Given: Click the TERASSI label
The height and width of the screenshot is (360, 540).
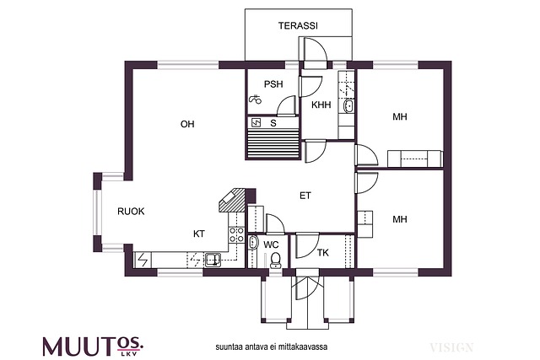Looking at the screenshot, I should (x=298, y=26).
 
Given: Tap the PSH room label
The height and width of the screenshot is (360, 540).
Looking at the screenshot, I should (x=273, y=84).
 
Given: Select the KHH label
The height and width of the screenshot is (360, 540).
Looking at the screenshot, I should (x=321, y=105).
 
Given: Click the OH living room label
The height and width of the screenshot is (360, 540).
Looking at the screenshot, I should (x=187, y=125).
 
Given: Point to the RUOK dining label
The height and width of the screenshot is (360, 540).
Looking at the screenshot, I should (x=131, y=212).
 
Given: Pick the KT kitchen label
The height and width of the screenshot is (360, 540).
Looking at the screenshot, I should (x=199, y=234).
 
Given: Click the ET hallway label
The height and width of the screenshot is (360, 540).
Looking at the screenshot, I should (x=305, y=196).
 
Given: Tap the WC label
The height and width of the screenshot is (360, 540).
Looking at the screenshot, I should (x=271, y=244).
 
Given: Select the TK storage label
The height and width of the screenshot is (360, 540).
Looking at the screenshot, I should (x=322, y=253).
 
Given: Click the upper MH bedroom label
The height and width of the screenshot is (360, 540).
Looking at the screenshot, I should (x=400, y=117).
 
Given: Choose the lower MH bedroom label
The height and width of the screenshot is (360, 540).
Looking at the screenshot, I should (x=400, y=219).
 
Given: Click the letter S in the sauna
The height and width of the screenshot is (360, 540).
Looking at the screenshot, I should (x=273, y=123).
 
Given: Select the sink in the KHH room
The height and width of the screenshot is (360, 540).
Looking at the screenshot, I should (x=347, y=106).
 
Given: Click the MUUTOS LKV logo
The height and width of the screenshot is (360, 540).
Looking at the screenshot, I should (x=93, y=345).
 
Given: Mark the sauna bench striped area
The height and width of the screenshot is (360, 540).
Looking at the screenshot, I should (x=273, y=142).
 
